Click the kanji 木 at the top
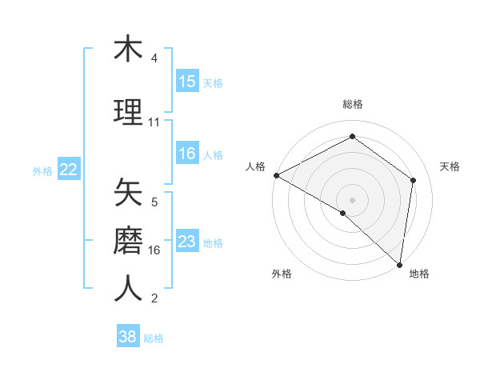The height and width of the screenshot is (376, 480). tap(128, 50)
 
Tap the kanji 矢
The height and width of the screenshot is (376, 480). tap(128, 192)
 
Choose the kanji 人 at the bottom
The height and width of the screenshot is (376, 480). tap(128, 289)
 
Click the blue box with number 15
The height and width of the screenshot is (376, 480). tap(187, 82)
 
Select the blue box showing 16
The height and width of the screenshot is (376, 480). tap(187, 154)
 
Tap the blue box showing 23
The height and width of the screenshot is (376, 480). tap(187, 242)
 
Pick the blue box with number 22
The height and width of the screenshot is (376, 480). tap(69, 170)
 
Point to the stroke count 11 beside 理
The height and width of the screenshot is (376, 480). tap(154, 122)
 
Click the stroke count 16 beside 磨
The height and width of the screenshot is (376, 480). tap(154, 250)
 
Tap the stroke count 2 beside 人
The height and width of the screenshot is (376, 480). tap(154, 299)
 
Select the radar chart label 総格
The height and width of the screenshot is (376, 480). tap(353, 104)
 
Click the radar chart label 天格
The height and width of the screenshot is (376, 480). tap(450, 166)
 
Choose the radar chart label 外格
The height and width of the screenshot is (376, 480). tap(282, 274)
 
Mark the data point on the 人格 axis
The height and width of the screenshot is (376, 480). tap(276, 175)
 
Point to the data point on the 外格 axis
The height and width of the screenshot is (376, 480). tap(343, 213)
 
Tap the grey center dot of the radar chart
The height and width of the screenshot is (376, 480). tap(352, 199)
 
